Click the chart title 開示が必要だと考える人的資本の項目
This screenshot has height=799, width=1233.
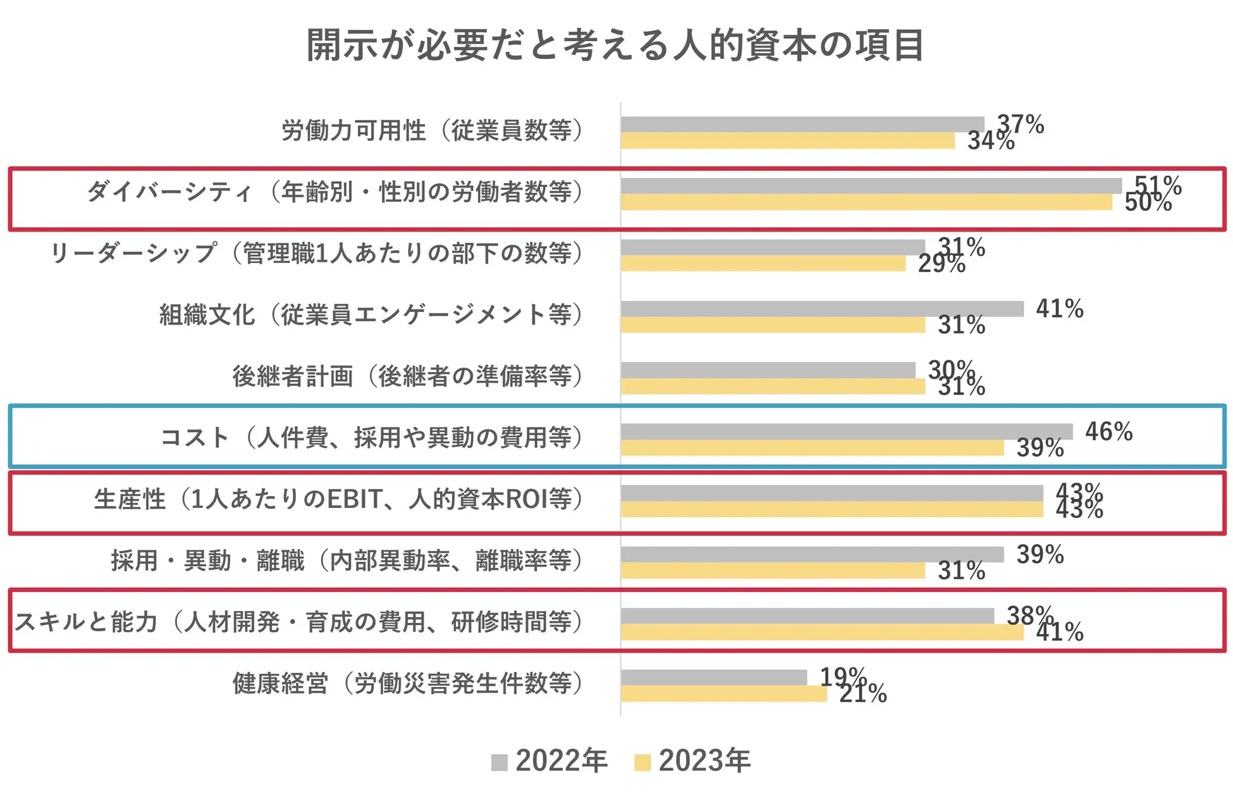coord(615,46)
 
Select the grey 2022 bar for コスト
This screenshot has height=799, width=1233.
coord(846,431)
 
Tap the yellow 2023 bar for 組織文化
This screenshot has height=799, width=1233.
coord(773,325)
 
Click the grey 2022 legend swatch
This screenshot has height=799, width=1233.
coord(500,762)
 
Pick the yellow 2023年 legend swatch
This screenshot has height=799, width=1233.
coord(642,762)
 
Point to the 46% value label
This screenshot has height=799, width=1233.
coord(1108,431)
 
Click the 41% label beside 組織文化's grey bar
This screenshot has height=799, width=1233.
coord(1059,309)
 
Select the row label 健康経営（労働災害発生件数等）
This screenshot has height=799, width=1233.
coord(407,683)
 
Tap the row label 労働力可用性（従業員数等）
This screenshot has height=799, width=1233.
coord(432,130)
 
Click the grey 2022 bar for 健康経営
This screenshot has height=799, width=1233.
coord(714,677)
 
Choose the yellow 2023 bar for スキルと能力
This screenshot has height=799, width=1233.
coord(822,632)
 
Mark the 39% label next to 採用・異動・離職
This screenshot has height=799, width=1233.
coord(1040,554)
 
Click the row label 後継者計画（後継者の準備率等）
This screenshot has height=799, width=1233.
coord(407,376)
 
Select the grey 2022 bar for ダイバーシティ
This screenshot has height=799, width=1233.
coord(871,185)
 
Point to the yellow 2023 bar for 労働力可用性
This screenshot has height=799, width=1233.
coord(787,141)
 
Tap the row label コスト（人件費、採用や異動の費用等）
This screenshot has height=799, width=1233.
coord(371,437)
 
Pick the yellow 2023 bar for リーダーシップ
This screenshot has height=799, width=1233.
coord(763,264)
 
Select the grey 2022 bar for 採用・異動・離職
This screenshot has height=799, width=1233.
coord(812,554)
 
